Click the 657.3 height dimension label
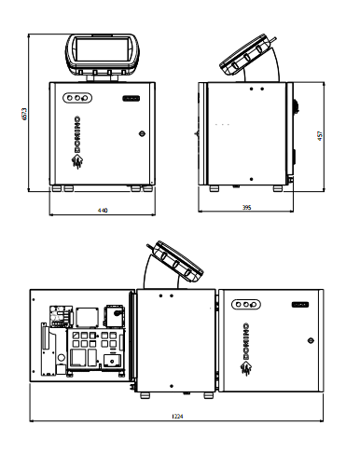pyautogui.click(x=24, y=114)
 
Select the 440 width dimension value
pyautogui.click(x=103, y=211)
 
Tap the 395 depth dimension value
pyautogui.click(x=246, y=207)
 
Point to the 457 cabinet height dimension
pyautogui.click(x=320, y=136)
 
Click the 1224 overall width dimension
pyautogui.click(x=177, y=416)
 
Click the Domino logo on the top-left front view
pyautogui.click(x=76, y=143)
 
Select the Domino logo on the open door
pyautogui.click(x=245, y=349)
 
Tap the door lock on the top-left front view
pyautogui.click(x=142, y=133)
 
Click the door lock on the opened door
pyautogui.click(x=311, y=340)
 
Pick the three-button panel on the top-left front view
pyautogui.click(x=77, y=98)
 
